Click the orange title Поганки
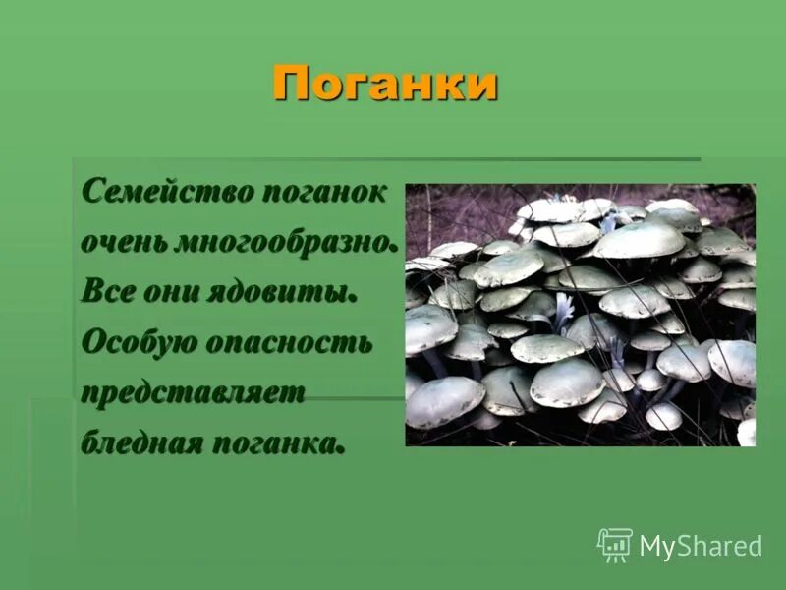385,84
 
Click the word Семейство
166,190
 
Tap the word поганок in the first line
323,190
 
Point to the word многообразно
285,242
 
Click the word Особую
138,342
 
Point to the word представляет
194,393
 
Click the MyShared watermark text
701,547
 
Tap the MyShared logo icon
615,545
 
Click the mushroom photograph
580,315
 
